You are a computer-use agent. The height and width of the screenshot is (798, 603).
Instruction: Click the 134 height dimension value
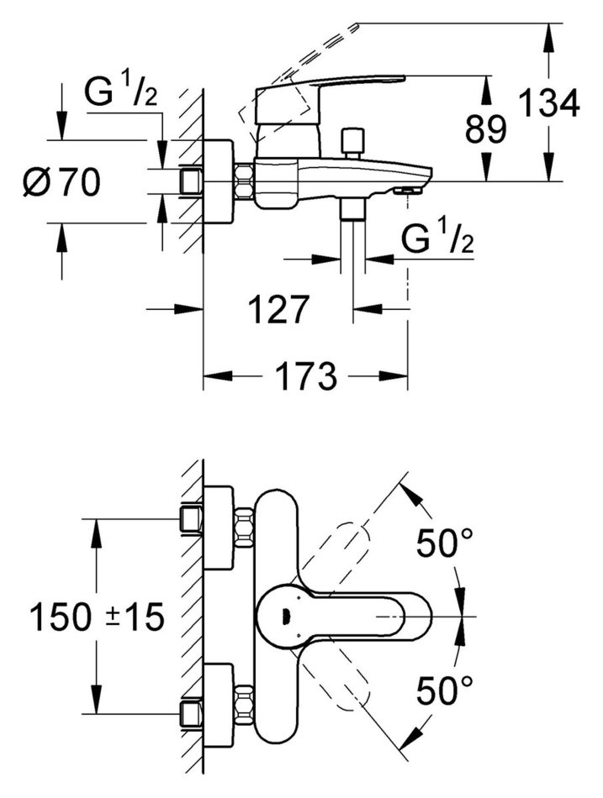pyautogui.click(x=548, y=105)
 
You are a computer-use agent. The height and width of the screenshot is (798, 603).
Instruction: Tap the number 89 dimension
pyautogui.click(x=486, y=129)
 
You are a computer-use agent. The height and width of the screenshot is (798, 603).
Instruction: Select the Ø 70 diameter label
pyautogui.click(x=61, y=181)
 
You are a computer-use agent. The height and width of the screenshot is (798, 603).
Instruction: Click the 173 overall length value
pyautogui.click(x=305, y=375)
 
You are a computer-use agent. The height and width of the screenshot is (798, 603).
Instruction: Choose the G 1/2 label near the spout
pyautogui.click(x=437, y=241)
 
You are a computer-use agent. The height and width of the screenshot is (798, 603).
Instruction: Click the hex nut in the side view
pyautogui.click(x=245, y=181)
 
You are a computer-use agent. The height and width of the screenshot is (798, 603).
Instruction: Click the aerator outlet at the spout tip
pyautogui.click(x=408, y=191)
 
